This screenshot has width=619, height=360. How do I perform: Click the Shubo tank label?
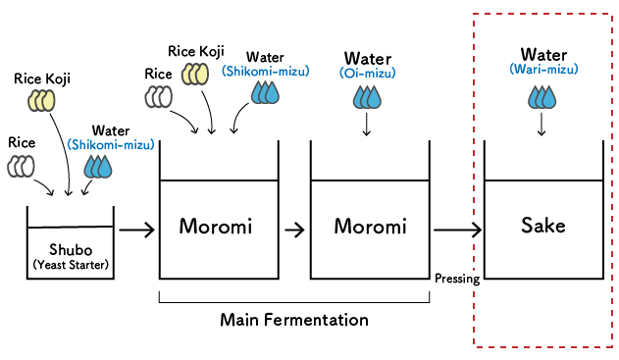pyautogui.click(x=70, y=247)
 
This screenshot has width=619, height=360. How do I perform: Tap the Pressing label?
pyautogui.click(x=457, y=279)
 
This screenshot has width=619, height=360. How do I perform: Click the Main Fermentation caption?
pyautogui.click(x=294, y=320)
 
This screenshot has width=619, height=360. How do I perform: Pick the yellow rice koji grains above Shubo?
pyautogui.click(x=42, y=99)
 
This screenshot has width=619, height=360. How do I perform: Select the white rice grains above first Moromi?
pyautogui.click(x=158, y=96)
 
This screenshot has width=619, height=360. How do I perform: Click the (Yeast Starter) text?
pyautogui.click(x=70, y=264)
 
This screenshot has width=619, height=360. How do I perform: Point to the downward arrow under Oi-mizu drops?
pyautogui.click(x=366, y=125)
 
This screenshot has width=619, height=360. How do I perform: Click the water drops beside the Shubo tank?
pyautogui.click(x=98, y=167)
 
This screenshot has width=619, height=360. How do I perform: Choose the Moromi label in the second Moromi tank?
pyautogui.click(x=370, y=227)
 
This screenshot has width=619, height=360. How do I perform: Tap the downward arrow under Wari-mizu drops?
pyautogui.click(x=542, y=125)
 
